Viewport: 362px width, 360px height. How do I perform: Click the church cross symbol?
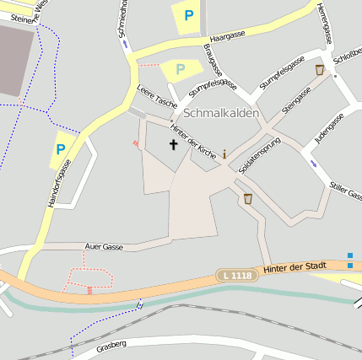pos(174,144)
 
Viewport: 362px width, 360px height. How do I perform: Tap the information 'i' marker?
pos(224,154)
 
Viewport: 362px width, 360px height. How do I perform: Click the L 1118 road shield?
pos(235,275)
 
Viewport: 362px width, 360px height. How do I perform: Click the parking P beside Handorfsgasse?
pos(60,149)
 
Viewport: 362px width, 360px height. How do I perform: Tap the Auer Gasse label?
pos(105,246)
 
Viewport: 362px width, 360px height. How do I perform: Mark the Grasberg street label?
pos(111,345)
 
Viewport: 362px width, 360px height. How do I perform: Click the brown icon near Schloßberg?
pos(319,70)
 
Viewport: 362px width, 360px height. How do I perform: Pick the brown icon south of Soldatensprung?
pos(247,199)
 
